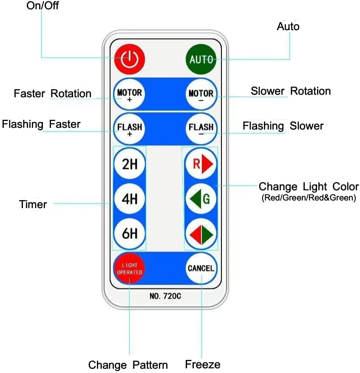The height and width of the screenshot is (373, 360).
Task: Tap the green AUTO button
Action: tap(201, 59)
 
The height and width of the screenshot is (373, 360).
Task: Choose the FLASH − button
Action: tap(201, 128)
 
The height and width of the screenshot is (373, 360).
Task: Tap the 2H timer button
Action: tap(130, 164)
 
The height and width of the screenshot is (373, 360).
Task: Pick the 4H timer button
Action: tap(130, 199)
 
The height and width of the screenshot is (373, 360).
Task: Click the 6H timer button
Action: tap(130, 233)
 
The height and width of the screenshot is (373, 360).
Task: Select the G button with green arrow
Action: tap(201, 199)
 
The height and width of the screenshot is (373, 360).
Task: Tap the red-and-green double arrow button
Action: tap(201, 233)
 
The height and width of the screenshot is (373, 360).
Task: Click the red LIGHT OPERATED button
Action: tap(129, 268)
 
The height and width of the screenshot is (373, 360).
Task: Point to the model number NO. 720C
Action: tap(165, 296)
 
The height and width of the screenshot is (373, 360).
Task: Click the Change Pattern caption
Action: tap(128, 365)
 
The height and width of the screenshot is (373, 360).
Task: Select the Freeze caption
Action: tap(203, 364)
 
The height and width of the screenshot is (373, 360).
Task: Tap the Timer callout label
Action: tap(33, 204)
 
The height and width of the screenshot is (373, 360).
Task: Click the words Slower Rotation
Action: tap(291, 91)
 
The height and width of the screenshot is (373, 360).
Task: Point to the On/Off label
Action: tap(43, 6)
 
